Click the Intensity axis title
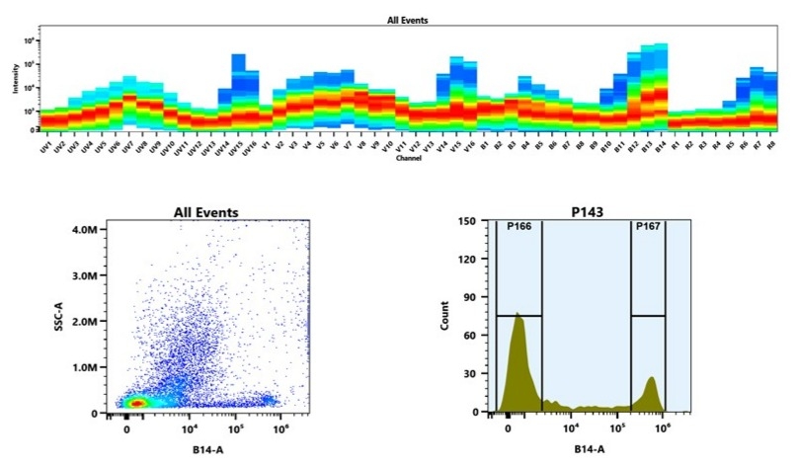pyautogui.click(x=16, y=84)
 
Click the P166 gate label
pyautogui.click(x=519, y=227)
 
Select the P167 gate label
pyautogui.click(x=648, y=227)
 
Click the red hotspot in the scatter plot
pyautogui.click(x=137, y=402)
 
